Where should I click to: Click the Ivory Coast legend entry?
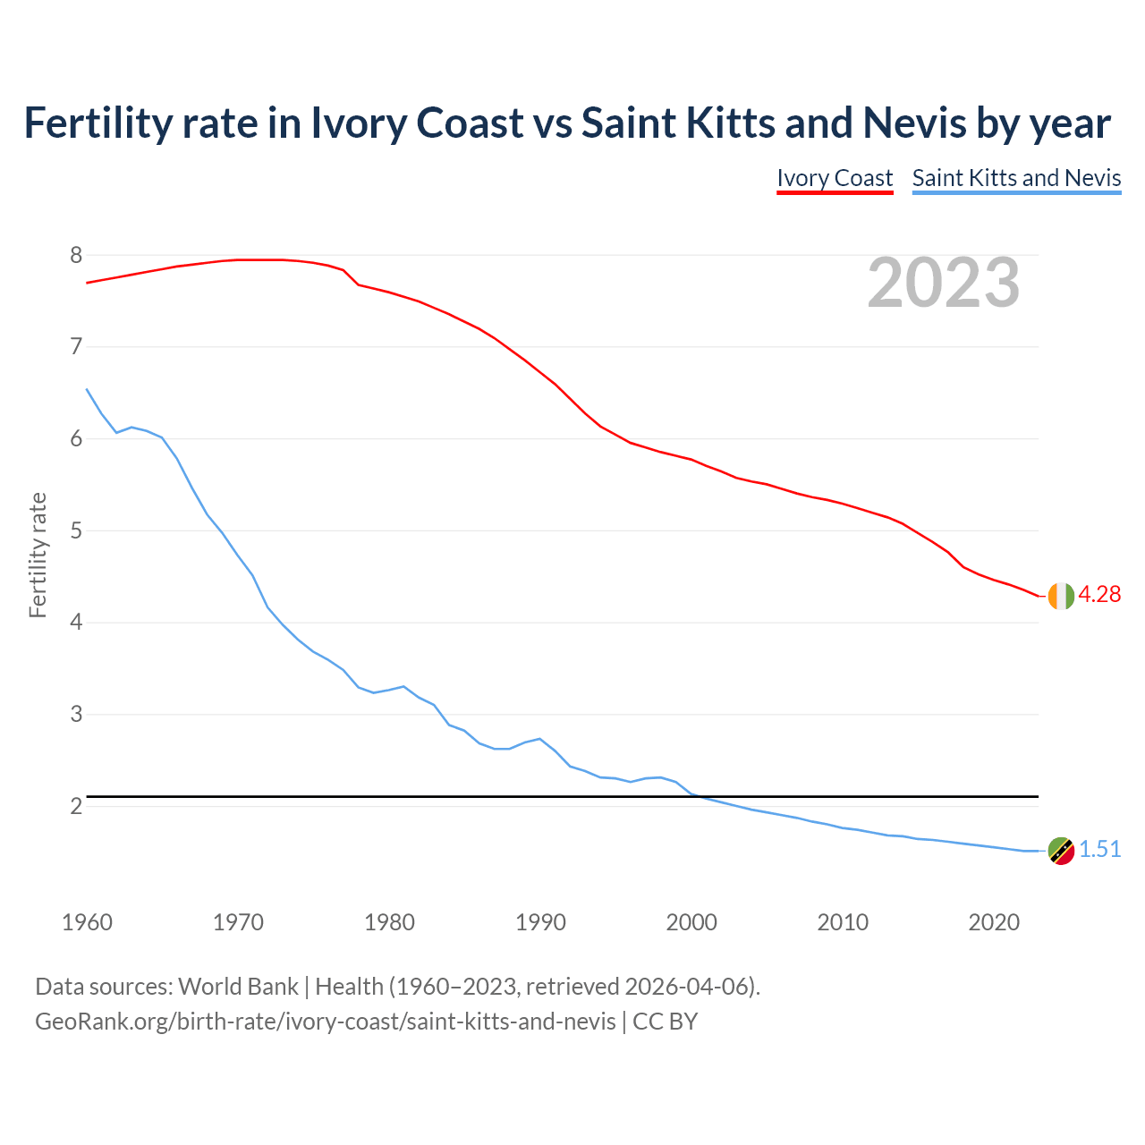tap(835, 178)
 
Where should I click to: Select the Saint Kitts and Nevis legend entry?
tap(1016, 178)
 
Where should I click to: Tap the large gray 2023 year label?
tap(944, 283)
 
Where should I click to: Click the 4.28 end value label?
tap(1099, 595)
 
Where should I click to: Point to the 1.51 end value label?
tap(1099, 850)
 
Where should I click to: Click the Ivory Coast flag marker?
tap(1060, 596)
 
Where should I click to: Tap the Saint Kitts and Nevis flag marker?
tap(1060, 851)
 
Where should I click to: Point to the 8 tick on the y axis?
tap(76, 256)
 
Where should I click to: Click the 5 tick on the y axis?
tap(76, 531)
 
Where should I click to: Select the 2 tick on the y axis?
tap(76, 807)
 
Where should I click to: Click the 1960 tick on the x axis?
tap(87, 922)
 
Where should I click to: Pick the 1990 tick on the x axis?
tap(540, 922)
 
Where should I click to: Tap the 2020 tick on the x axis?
tap(994, 922)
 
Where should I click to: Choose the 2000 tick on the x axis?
tap(691, 922)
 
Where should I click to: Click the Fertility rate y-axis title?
tap(38, 555)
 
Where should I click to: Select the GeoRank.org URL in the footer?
tap(325, 1021)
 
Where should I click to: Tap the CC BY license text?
tap(665, 1021)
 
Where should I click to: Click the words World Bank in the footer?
tap(238, 987)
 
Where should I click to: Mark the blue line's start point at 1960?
tap(87, 389)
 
